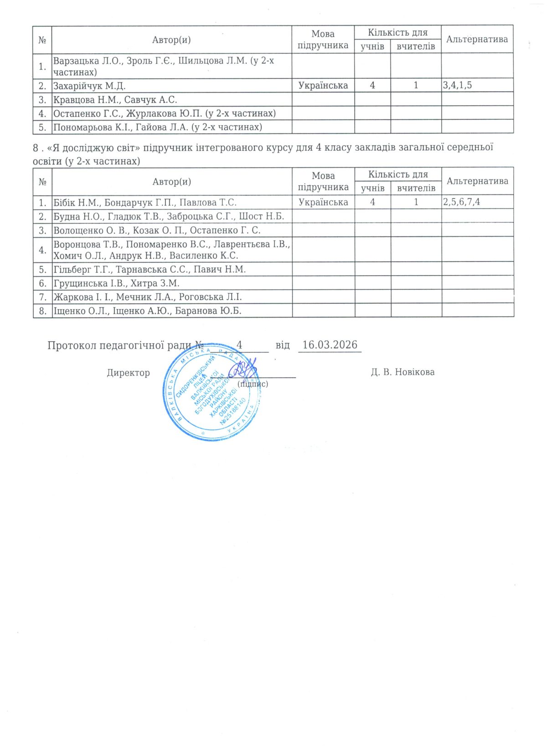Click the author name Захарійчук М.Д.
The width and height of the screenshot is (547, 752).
(x=89, y=86)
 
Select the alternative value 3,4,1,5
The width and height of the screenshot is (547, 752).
(x=457, y=85)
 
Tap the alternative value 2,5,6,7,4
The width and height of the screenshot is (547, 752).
(x=461, y=202)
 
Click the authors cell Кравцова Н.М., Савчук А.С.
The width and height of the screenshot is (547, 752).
(x=115, y=99)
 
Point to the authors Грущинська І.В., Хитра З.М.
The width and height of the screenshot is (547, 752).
(x=116, y=283)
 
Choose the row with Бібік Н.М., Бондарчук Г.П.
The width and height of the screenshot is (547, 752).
(x=145, y=202)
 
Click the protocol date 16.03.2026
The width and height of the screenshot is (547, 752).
(x=330, y=345)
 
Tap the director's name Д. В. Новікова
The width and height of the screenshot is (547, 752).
(x=403, y=372)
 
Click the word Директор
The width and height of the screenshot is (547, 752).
(x=128, y=373)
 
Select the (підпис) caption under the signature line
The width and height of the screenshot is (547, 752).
(x=253, y=384)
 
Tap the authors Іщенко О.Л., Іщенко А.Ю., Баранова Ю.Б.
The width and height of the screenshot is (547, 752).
(x=147, y=311)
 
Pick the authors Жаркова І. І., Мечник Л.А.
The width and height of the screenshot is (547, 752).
(x=147, y=297)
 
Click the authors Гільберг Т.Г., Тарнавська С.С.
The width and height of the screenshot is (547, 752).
(x=150, y=269)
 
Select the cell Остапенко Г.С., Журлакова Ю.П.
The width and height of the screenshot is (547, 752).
(x=164, y=113)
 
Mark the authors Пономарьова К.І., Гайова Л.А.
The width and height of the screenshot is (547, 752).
(x=157, y=127)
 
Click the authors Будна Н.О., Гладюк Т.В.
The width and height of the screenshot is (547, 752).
(x=169, y=216)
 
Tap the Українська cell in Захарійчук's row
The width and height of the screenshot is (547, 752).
(x=323, y=85)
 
